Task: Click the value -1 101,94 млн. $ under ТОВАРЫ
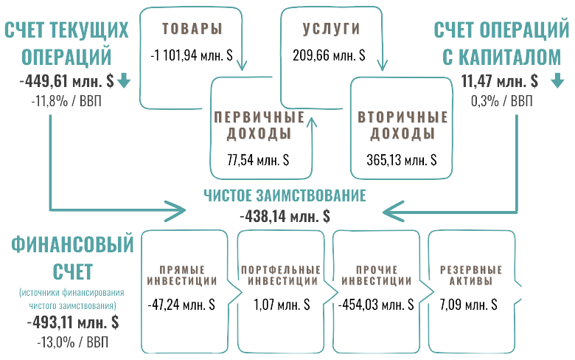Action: pos(192,55)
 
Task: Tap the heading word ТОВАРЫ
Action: pos(192,30)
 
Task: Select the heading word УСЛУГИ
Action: pos(331,30)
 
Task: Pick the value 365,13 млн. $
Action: pos(401,159)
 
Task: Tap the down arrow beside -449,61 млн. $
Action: pos(123,80)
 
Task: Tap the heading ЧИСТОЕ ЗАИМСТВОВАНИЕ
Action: pos(285,195)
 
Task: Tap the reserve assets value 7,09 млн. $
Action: pos(468,304)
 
